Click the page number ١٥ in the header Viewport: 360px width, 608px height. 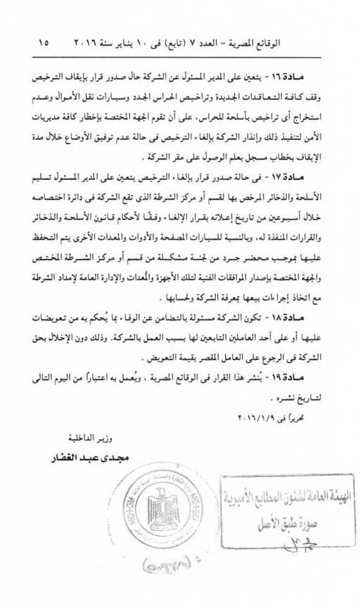(x=44, y=43)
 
